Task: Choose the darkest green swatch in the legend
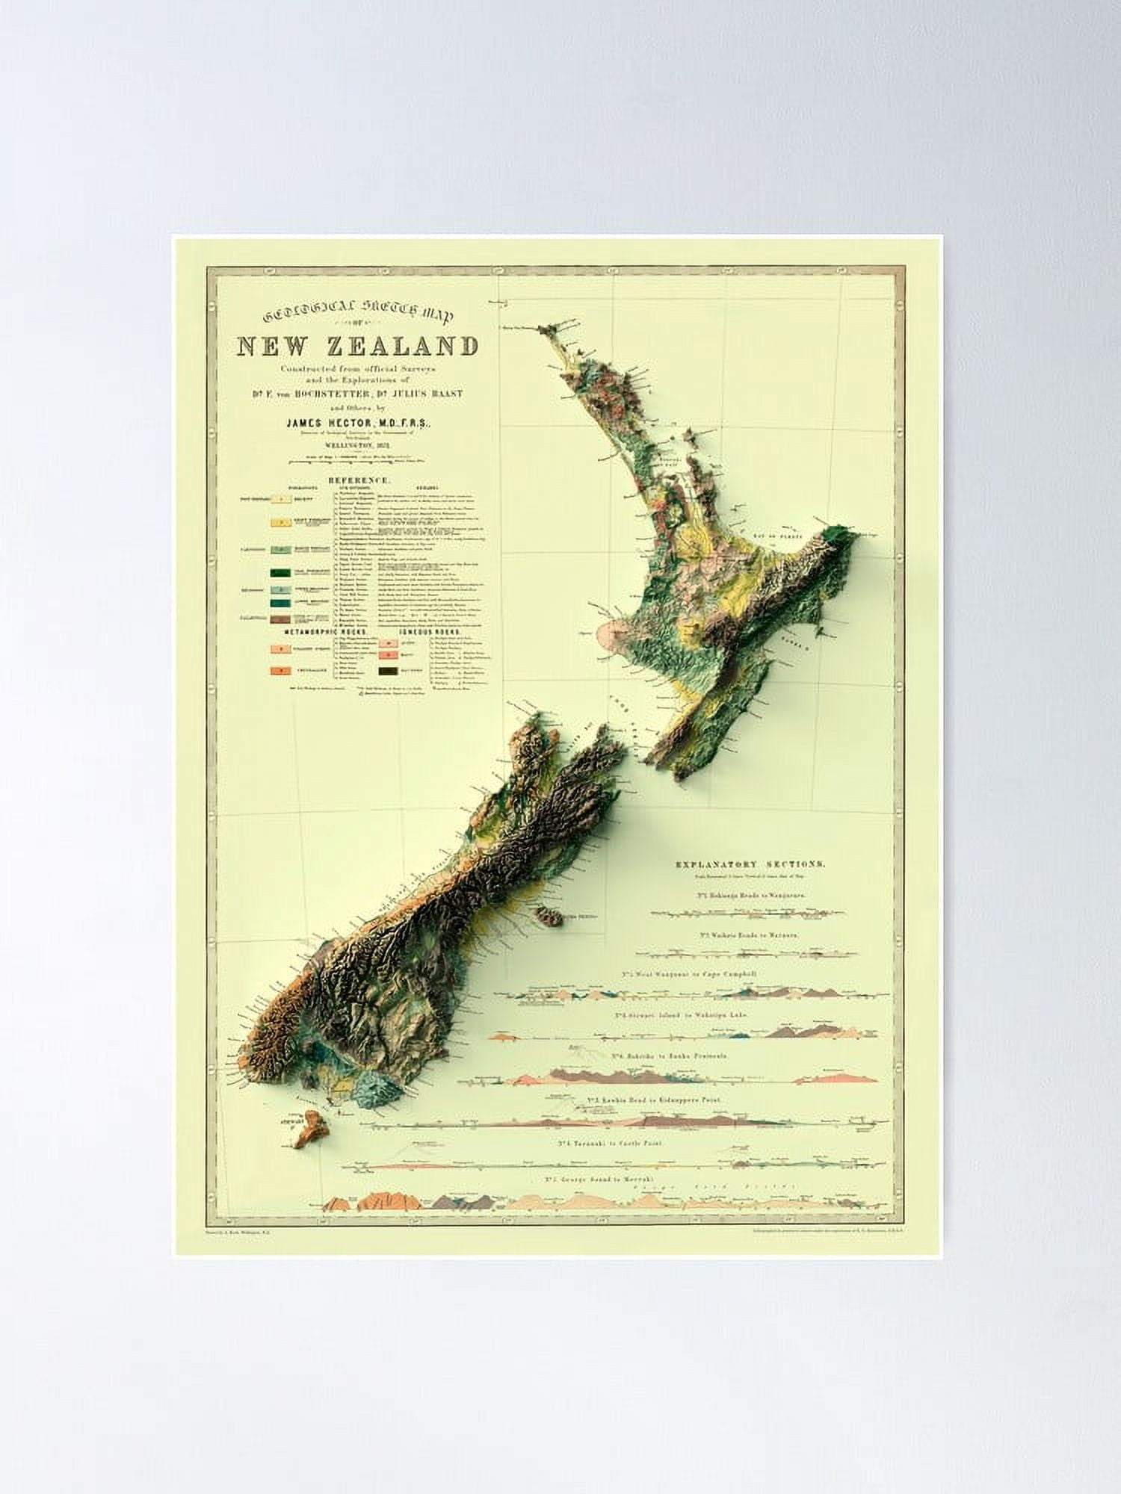pyautogui.click(x=280, y=574)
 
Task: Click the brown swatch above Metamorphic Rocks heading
pyautogui.click(x=280, y=619)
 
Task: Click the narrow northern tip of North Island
pyautogui.click(x=552, y=329)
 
